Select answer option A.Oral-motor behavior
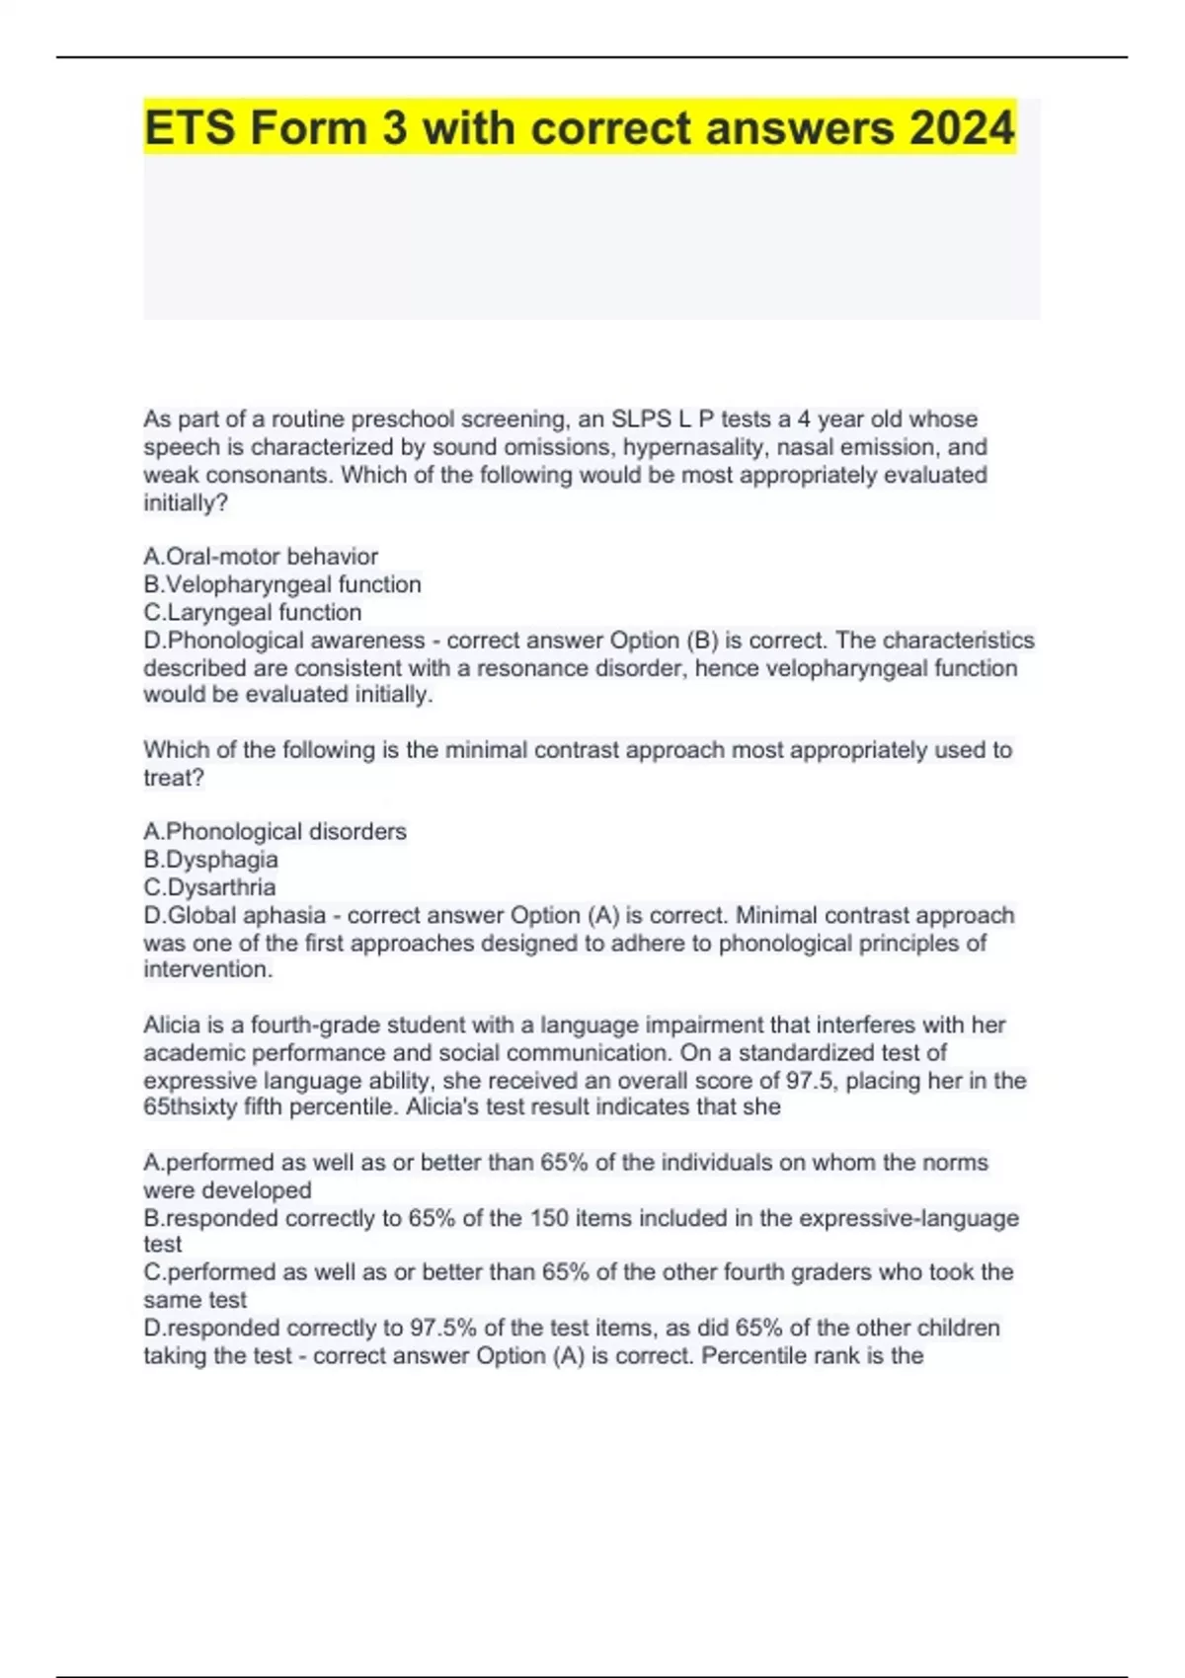click(261, 557)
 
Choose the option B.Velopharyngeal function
click(282, 584)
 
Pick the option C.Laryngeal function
click(253, 612)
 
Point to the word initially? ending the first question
click(186, 502)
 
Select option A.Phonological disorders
click(275, 831)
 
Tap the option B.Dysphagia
click(210, 859)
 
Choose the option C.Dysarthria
click(209, 886)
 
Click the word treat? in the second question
click(174, 778)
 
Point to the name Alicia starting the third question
click(172, 1025)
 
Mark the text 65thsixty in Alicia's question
click(191, 1107)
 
